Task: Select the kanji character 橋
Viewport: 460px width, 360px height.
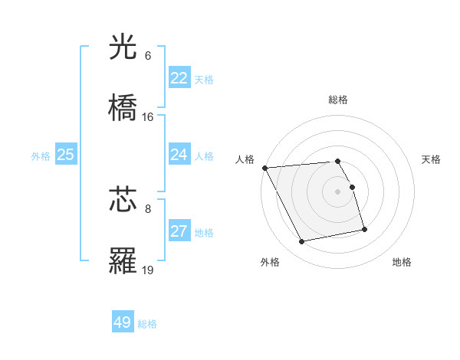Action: (x=123, y=108)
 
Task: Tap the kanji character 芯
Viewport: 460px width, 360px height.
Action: (x=123, y=200)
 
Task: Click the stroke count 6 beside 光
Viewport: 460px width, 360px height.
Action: (x=148, y=56)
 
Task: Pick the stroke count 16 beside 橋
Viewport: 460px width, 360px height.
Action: (x=148, y=116)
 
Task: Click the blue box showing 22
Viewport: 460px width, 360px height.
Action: (x=179, y=78)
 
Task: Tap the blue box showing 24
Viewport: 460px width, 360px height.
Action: (x=179, y=155)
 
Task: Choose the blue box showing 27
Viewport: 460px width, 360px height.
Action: (x=179, y=231)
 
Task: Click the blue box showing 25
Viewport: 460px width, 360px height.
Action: (x=66, y=155)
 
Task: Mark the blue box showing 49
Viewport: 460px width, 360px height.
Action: (x=123, y=322)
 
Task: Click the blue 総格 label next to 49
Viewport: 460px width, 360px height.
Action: (x=148, y=324)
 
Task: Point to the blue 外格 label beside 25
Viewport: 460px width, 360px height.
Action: (x=41, y=156)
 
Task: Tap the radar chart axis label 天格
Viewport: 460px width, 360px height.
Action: (x=432, y=159)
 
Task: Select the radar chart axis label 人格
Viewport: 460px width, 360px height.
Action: (x=245, y=159)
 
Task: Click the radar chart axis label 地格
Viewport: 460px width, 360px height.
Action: (x=402, y=262)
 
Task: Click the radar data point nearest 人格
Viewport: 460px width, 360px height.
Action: (x=264, y=168)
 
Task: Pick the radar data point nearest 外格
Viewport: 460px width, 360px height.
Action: (x=302, y=242)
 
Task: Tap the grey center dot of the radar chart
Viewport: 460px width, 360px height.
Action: (x=338, y=191)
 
